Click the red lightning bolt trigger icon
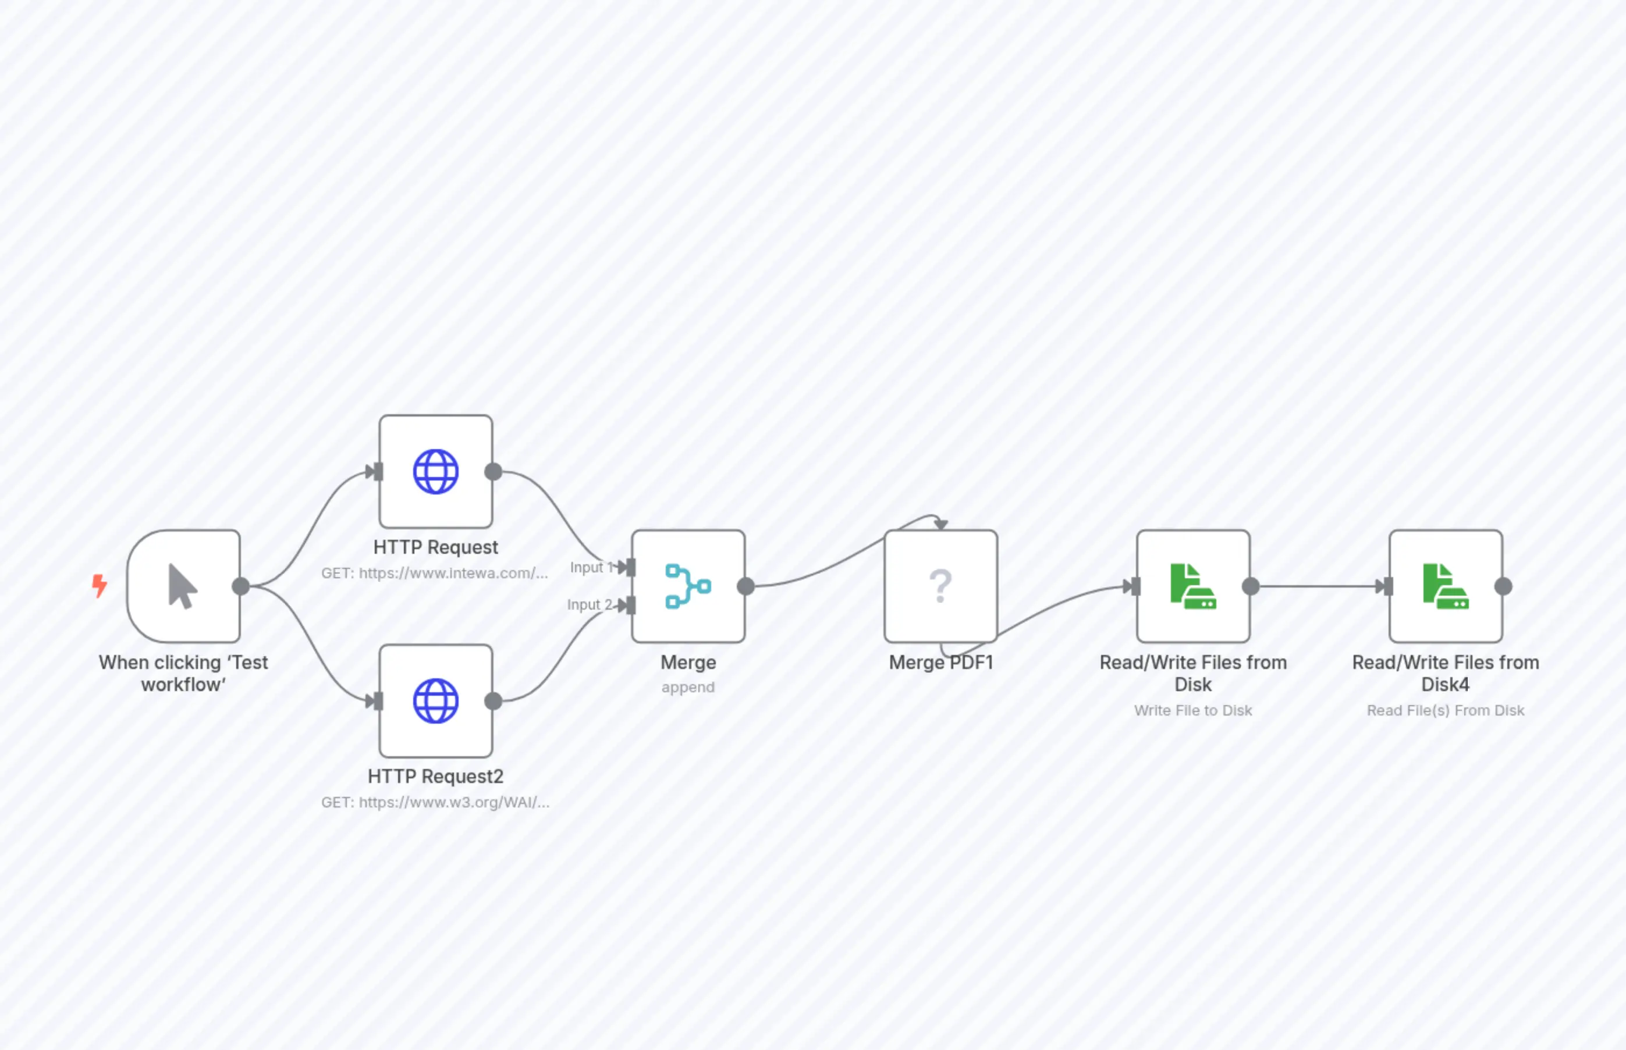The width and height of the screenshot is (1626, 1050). click(100, 585)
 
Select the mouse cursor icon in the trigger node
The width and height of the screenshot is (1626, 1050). click(182, 586)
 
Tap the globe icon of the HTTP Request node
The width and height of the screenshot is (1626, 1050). click(436, 471)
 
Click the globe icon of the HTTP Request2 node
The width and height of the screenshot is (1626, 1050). click(436, 700)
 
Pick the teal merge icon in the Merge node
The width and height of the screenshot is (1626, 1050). click(687, 586)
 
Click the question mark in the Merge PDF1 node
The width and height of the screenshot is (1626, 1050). click(940, 586)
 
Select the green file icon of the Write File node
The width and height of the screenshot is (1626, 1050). click(1193, 586)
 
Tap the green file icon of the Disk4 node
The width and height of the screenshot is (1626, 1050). click(1445, 586)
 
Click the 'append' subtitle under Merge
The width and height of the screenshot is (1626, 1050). click(687, 686)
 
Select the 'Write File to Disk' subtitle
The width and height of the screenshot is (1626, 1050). click(1193, 710)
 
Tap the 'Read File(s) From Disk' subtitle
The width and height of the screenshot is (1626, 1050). click(1445, 710)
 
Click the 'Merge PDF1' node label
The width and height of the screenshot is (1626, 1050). click(940, 662)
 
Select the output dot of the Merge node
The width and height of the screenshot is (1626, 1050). click(745, 586)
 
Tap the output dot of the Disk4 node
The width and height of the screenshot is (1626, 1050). click(1503, 586)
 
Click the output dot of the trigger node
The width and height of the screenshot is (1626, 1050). click(241, 586)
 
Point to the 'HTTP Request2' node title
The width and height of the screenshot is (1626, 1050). click(435, 776)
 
